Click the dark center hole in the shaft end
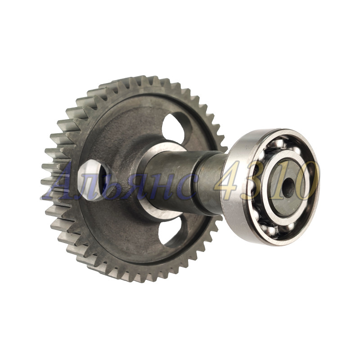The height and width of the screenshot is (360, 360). point(288,188)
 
